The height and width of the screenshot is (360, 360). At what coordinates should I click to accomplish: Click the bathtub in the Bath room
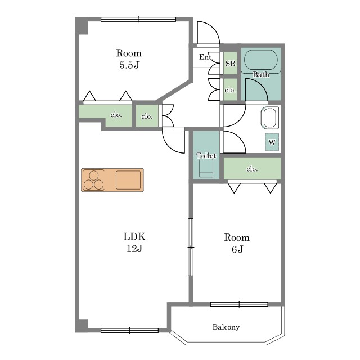pyautogui.click(x=261, y=61)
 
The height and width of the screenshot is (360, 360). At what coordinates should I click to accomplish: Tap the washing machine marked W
pyautogui.click(x=272, y=142)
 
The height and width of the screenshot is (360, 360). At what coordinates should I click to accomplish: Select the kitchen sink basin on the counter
pyautogui.click(x=128, y=180)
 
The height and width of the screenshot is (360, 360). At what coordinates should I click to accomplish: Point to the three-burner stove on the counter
pyautogui.click(x=94, y=180)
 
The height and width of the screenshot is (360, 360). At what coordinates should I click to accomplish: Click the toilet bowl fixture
pyautogui.click(x=206, y=168)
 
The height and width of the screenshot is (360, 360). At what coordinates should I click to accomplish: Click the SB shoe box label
pyautogui.click(x=230, y=63)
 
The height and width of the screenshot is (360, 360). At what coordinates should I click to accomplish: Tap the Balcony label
pyautogui.click(x=226, y=327)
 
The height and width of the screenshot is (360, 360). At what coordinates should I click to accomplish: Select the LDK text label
pyautogui.click(x=134, y=236)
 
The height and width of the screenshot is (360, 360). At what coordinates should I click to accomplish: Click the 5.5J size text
pyautogui.click(x=129, y=65)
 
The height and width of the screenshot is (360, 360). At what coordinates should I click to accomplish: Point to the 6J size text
pyautogui.click(x=237, y=249)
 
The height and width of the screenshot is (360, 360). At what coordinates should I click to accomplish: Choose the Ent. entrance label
pyautogui.click(x=206, y=57)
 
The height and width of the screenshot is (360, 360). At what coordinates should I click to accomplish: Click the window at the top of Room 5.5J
pyautogui.click(x=138, y=19)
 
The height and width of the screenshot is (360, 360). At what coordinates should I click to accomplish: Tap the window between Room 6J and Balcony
pyautogui.click(x=239, y=304)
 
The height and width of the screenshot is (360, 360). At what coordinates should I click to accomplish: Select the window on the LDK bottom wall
pyautogui.click(x=129, y=330)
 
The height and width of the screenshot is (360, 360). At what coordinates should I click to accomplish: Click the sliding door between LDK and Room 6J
pyautogui.click(x=191, y=247)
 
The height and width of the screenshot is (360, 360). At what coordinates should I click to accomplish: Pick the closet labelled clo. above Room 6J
pyautogui.click(x=252, y=168)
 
